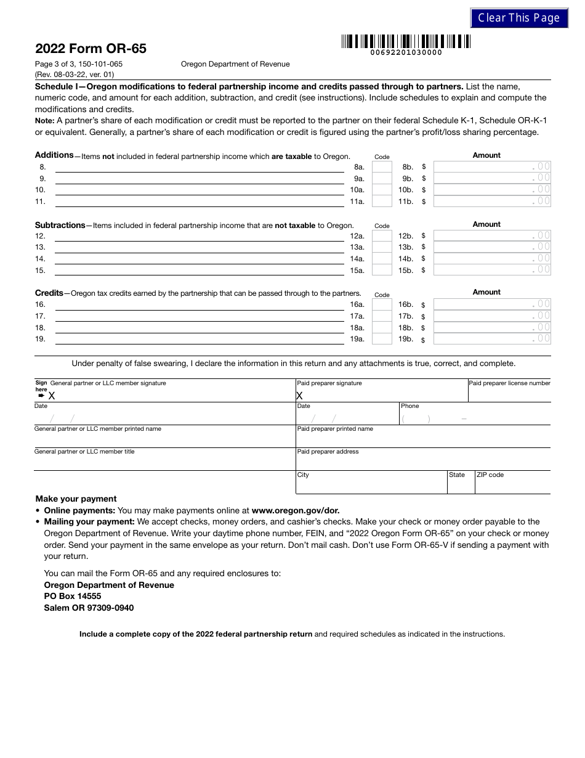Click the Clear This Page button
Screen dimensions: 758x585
[x=518, y=18]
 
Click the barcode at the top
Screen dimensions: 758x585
[x=406, y=42]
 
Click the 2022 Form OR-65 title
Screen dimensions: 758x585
[x=91, y=49]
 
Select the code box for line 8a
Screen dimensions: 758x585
[x=382, y=167]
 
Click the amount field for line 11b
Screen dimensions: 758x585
[x=492, y=201]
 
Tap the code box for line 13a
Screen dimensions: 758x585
[x=382, y=247]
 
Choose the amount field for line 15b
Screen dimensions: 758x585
[x=492, y=270]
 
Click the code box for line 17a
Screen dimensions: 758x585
[x=382, y=316]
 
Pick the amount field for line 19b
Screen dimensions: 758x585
[x=492, y=339]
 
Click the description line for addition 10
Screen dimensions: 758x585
[x=200, y=190]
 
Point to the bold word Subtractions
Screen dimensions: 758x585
[x=60, y=225]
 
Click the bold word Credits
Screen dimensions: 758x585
[x=49, y=293]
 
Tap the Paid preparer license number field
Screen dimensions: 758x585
[x=509, y=394]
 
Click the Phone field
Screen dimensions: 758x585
[x=474, y=418]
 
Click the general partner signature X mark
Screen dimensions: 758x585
[x=52, y=396]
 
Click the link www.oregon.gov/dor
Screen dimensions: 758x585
[x=296, y=510]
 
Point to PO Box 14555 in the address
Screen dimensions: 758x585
[x=73, y=597]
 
